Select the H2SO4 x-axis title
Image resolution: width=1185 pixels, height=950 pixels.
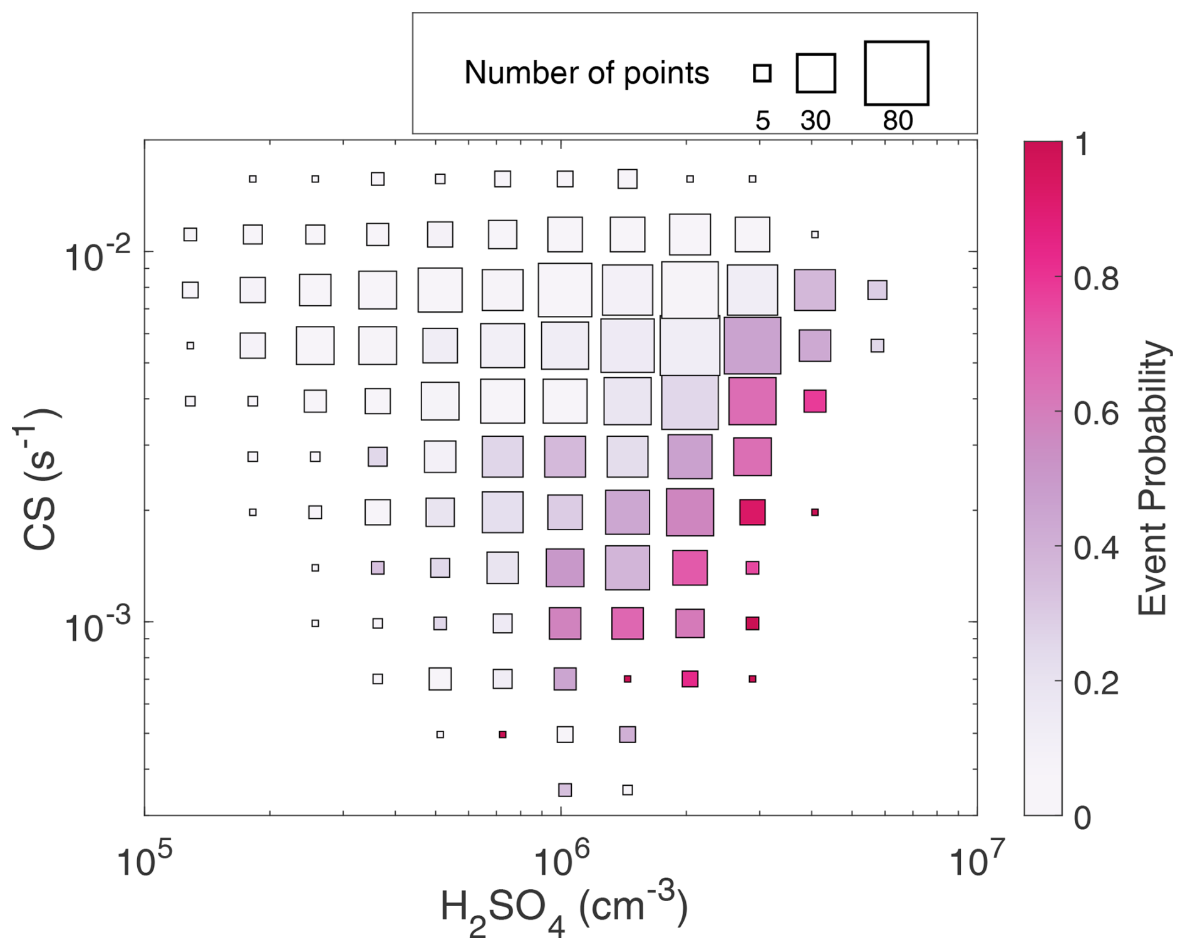tap(563, 912)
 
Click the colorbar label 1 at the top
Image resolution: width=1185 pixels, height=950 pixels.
tap(1080, 145)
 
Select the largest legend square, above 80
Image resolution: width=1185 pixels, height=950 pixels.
tap(896, 73)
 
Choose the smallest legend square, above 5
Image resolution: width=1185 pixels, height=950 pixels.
tap(762, 73)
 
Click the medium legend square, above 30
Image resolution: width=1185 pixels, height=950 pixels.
tap(815, 73)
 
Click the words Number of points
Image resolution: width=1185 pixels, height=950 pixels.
tap(586, 73)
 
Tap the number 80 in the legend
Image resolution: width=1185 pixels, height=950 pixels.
tap(898, 120)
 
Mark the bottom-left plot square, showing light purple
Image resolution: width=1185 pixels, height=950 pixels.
tap(565, 790)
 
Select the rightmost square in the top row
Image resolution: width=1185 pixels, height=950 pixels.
tap(752, 179)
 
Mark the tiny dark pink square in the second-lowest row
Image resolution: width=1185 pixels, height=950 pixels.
tap(502, 734)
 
